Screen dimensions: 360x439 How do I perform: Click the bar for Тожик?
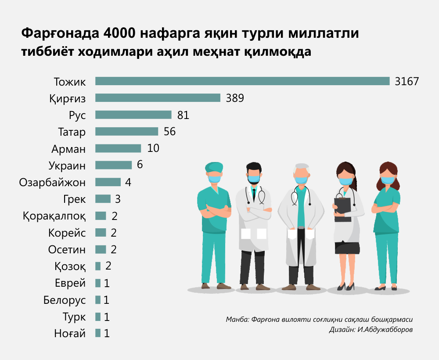click(x=242, y=81)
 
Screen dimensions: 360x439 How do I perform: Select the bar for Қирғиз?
click(x=158, y=98)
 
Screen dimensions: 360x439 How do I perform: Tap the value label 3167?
click(x=407, y=81)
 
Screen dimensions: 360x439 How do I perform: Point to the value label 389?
click(x=235, y=98)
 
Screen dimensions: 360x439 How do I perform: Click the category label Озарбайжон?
click(x=53, y=182)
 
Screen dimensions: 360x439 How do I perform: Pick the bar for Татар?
click(x=126, y=132)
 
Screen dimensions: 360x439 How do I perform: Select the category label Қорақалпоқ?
click(x=54, y=216)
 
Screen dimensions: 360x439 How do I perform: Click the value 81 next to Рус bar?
click(x=183, y=115)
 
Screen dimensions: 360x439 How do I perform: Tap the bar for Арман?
click(x=118, y=148)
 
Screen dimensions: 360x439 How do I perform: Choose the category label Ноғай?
click(x=70, y=334)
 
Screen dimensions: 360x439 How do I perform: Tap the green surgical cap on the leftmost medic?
click(x=214, y=167)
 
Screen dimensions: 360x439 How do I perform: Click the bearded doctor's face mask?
click(x=253, y=180)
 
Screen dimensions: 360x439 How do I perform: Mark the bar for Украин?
click(x=113, y=165)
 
